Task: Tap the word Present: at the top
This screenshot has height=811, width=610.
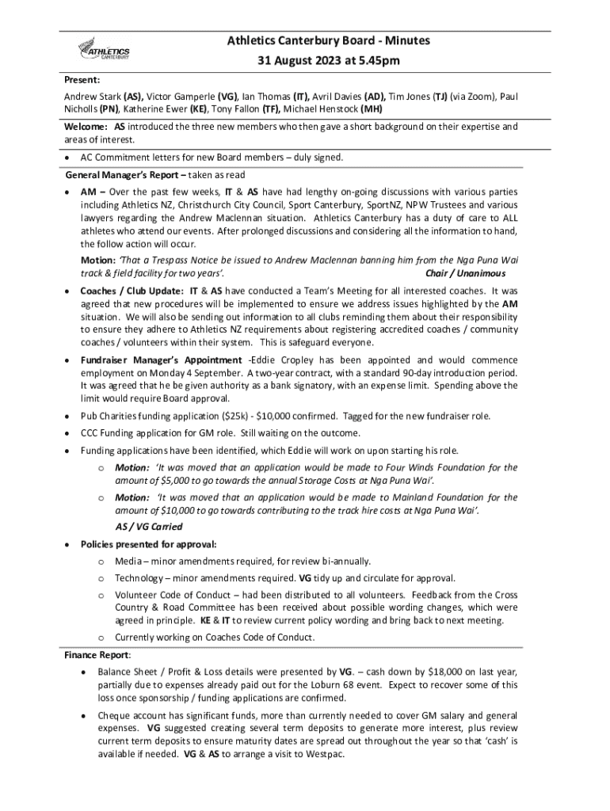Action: pos(82,81)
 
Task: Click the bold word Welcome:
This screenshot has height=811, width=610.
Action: pos(86,126)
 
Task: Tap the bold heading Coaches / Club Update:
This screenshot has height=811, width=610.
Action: pos(133,291)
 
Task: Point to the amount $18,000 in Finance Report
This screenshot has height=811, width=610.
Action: pos(432,672)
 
